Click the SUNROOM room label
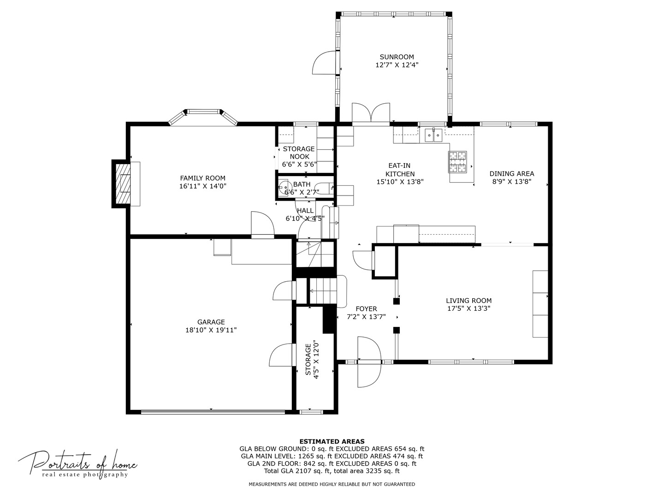click(397, 57)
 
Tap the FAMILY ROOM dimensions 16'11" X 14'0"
click(203, 186)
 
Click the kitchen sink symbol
click(433, 135)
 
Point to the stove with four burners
click(457, 161)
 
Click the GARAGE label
click(211, 322)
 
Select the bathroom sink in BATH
click(283, 189)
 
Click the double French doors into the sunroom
click(371, 114)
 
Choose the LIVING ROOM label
click(468, 301)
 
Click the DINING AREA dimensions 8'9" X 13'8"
click(512, 182)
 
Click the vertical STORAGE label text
click(308, 360)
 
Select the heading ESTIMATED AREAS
click(332, 441)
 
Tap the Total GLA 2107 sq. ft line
click(332, 471)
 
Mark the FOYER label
click(366, 309)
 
